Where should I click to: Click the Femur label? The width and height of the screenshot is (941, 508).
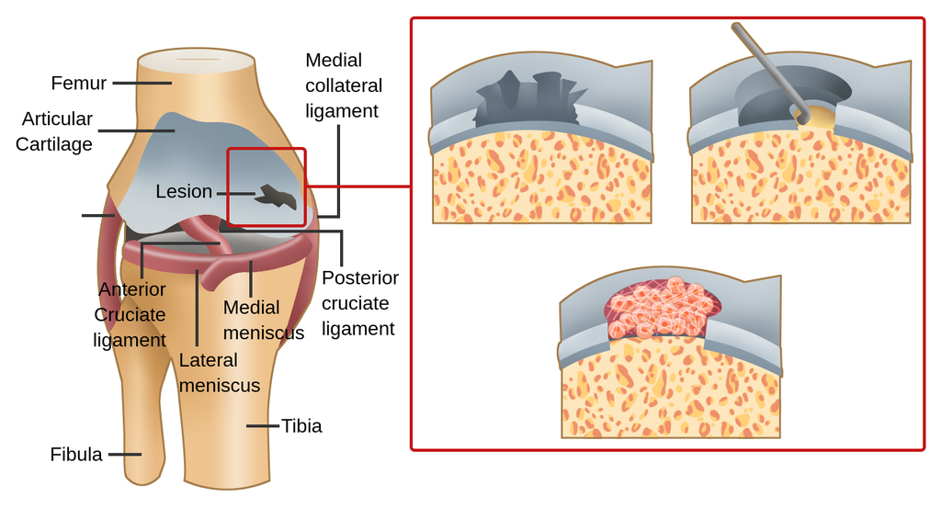[x=78, y=84]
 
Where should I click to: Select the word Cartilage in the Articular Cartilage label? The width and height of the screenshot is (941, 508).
[x=54, y=144]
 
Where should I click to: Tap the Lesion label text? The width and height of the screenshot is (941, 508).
[x=184, y=192]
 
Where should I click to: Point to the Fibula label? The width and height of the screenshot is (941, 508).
[x=76, y=455]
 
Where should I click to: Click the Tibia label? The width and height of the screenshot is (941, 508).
[x=301, y=426]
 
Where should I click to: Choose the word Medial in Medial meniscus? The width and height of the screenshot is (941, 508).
[x=251, y=308]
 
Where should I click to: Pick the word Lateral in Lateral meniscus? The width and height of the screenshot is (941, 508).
[x=209, y=360]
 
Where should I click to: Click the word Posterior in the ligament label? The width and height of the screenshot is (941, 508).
[x=360, y=278]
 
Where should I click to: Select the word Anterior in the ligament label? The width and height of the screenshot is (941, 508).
[x=132, y=289]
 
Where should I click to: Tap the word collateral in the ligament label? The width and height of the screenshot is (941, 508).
[x=344, y=85]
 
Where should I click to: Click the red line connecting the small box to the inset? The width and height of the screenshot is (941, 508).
[x=358, y=186]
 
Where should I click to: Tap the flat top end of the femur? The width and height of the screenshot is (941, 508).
[x=195, y=61]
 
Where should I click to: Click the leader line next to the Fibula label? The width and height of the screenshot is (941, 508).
[x=124, y=455]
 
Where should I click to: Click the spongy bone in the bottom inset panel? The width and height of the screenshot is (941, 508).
[x=671, y=395]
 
